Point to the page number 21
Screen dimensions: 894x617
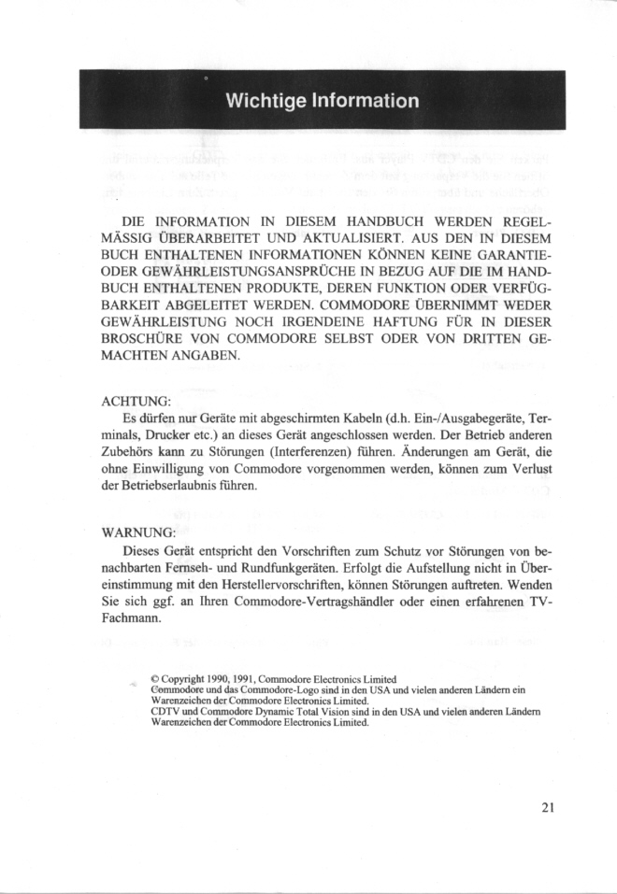pos(549,807)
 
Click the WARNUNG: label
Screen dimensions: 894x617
pos(138,532)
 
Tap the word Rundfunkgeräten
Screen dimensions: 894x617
pos(294,566)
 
